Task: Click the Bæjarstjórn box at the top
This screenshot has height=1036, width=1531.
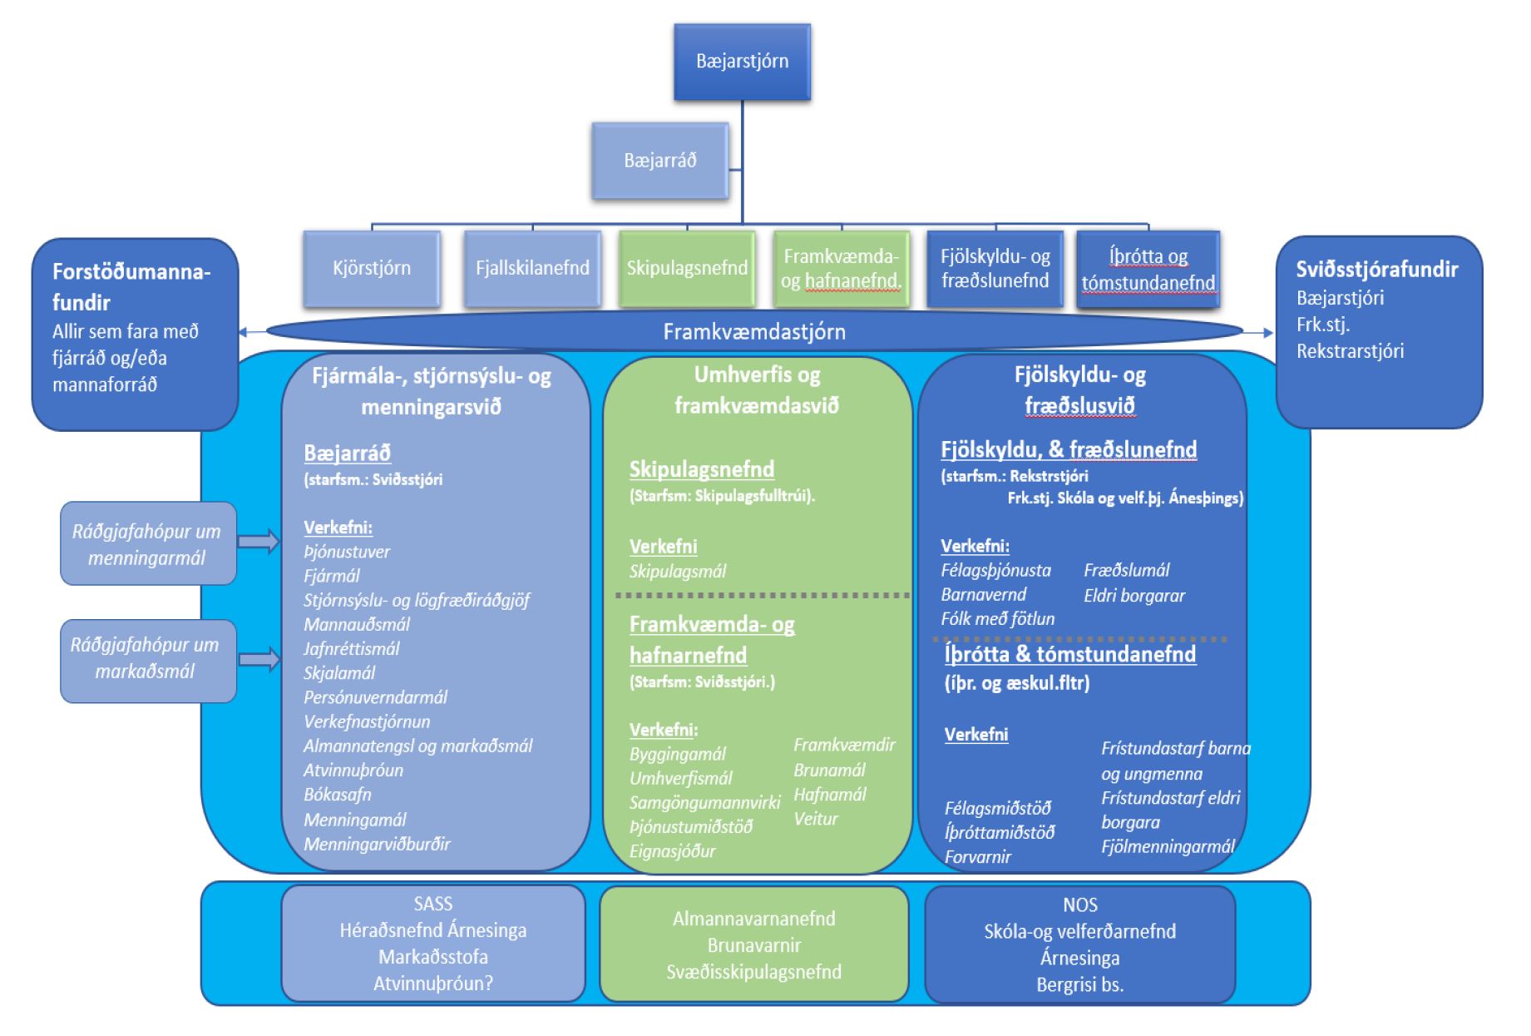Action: click(x=742, y=62)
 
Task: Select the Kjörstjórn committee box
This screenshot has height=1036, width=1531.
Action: click(x=371, y=268)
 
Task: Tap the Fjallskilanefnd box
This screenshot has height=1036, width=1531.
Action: click(x=532, y=268)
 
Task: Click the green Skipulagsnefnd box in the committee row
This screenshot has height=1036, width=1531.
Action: click(x=687, y=268)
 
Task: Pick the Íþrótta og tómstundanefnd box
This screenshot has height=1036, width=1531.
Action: click(x=1148, y=269)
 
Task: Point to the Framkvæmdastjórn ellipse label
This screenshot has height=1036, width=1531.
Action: click(x=753, y=332)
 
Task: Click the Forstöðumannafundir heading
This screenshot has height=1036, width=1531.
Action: click(x=131, y=286)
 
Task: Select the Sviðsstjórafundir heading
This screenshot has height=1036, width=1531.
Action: click(x=1376, y=270)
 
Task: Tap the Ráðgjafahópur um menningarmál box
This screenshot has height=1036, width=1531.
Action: click(x=147, y=544)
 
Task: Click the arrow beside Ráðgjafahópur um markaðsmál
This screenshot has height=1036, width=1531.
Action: click(x=259, y=660)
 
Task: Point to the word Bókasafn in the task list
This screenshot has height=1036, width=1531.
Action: click(x=338, y=795)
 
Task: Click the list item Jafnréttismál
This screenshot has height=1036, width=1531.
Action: click(x=351, y=649)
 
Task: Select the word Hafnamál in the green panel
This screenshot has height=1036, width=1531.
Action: click(x=829, y=795)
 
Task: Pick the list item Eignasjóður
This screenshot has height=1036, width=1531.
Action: click(x=672, y=851)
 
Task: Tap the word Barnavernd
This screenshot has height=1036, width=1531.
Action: click(x=983, y=595)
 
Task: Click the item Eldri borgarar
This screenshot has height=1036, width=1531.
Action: click(x=1134, y=596)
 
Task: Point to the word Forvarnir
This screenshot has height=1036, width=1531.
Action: click(x=977, y=857)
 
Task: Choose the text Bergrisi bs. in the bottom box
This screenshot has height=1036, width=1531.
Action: click(x=1079, y=985)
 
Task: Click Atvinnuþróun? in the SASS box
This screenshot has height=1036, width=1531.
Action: click(x=432, y=984)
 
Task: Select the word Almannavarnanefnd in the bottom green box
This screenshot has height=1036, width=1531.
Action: click(x=753, y=919)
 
